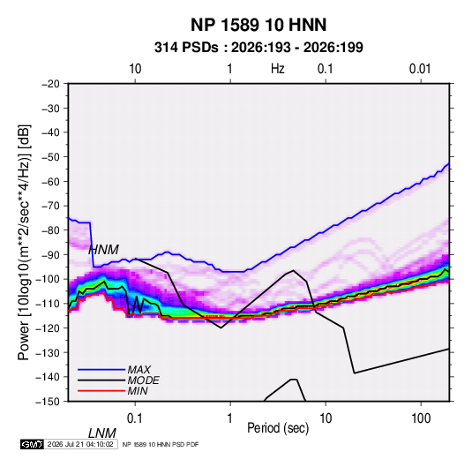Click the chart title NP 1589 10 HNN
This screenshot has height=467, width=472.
[x=258, y=25]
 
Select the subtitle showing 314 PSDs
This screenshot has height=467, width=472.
[x=258, y=48]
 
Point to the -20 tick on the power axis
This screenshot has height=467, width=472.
[x=50, y=84]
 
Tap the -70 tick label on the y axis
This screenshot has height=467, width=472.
[x=50, y=206]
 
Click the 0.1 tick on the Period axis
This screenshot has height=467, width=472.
[x=134, y=418]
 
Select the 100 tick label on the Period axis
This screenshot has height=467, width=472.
[x=421, y=418]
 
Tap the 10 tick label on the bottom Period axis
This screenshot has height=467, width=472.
[x=326, y=418]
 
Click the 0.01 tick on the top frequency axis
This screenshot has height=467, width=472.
[x=420, y=69]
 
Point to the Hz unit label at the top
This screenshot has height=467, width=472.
[x=278, y=69]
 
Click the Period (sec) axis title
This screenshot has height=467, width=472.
[x=278, y=428]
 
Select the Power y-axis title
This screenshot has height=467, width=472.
[x=24, y=242]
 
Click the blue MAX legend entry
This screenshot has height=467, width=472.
[x=114, y=369]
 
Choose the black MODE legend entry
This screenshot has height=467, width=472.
[x=118, y=380]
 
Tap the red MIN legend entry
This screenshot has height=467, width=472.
[x=113, y=391]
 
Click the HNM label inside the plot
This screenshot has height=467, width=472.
[x=103, y=250]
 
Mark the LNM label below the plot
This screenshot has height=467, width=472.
[x=101, y=433]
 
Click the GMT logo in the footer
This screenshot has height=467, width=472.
[x=33, y=444]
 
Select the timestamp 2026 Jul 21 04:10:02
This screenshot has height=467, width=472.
[x=80, y=444]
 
